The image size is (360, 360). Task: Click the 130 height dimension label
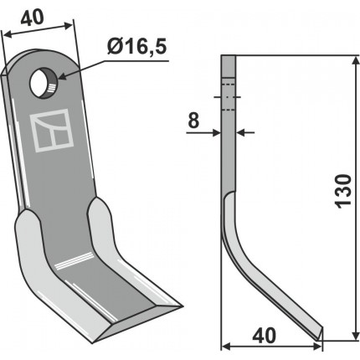coord(343,191)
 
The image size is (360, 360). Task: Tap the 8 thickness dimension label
coord(193,121)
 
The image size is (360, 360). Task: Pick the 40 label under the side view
coord(264,336)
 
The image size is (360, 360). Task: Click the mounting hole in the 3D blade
coord(44,84)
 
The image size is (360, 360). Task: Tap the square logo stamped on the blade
coord(52,131)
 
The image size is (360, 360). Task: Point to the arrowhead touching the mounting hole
coord(63,75)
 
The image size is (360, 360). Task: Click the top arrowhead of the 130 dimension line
coord(355,61)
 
